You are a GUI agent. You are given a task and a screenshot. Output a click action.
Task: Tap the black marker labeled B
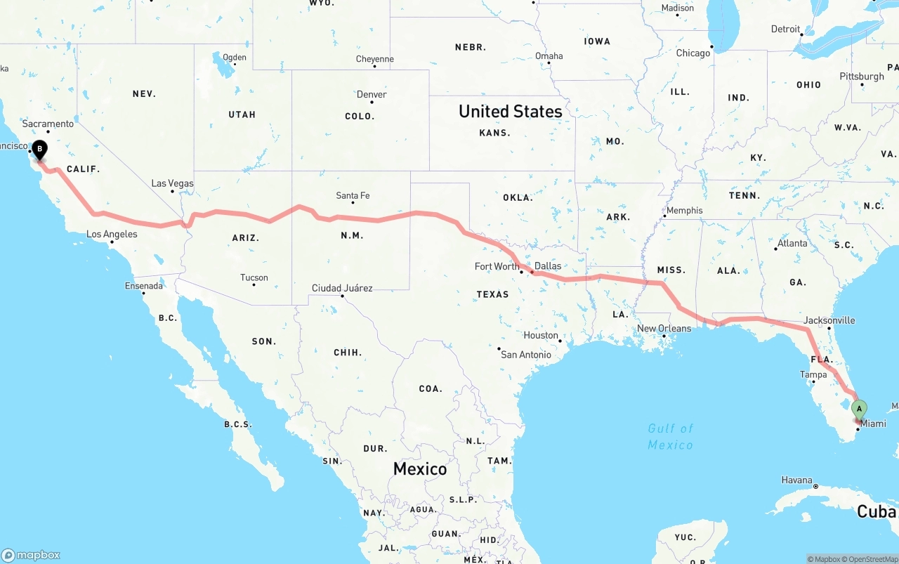click(x=40, y=149)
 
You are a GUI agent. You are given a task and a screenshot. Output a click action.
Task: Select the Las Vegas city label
click(x=172, y=183)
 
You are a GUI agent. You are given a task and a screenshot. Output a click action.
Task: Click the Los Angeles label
click(x=112, y=234)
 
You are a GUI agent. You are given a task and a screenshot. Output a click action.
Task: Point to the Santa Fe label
click(x=353, y=195)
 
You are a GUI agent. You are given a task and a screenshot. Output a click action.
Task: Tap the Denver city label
click(x=372, y=94)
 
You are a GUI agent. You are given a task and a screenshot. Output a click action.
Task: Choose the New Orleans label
click(x=664, y=328)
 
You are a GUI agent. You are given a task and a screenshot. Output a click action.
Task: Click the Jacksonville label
click(x=829, y=320)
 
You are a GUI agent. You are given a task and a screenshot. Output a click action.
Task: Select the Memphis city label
click(x=684, y=210)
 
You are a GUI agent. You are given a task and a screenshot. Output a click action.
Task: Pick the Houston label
click(x=541, y=335)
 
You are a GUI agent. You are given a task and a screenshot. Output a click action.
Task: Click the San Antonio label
click(x=525, y=355)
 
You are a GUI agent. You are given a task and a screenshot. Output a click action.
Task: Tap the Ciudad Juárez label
click(x=342, y=288)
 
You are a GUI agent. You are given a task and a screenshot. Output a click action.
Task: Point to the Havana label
click(x=796, y=480)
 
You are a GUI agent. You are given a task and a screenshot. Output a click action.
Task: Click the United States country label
click(x=510, y=111)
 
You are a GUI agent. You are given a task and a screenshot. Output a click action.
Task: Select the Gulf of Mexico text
click(x=670, y=436)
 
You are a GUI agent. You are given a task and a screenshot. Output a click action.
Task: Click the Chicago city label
click(x=693, y=53)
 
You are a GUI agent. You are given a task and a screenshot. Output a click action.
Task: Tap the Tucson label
click(x=254, y=277)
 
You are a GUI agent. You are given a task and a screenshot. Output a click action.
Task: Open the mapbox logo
click(x=31, y=555)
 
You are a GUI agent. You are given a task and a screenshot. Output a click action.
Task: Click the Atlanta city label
click(x=792, y=243)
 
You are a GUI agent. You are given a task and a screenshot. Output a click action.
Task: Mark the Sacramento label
click(x=48, y=124)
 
